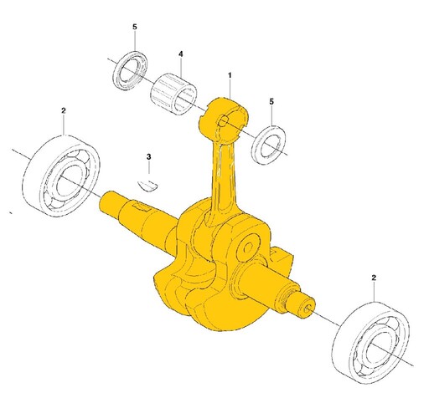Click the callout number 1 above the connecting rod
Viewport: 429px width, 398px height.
pyautogui.click(x=230, y=75)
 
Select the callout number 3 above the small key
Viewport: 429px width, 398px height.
pyautogui.click(x=148, y=157)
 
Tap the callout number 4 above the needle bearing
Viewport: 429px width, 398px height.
pyautogui.click(x=181, y=54)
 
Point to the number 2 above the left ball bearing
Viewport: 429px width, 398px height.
pyautogui.click(x=64, y=110)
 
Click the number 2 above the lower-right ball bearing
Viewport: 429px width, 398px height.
pyautogui.click(x=374, y=278)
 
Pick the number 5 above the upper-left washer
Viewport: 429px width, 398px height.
pyautogui.click(x=135, y=27)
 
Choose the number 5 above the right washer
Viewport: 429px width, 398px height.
pyautogui.click(x=271, y=101)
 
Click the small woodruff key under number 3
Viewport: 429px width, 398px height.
pyautogui.click(x=148, y=186)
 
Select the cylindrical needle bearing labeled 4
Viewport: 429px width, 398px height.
pyautogui.click(x=173, y=94)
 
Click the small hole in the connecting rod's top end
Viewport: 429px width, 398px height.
pyautogui.click(x=223, y=120)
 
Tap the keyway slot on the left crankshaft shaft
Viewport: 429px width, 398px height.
pyautogui.click(x=141, y=207)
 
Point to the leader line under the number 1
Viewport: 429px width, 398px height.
pyautogui.click(x=230, y=89)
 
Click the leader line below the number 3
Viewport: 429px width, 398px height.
pyautogui.click(x=149, y=168)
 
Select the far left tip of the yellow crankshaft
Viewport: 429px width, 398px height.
pyautogui.click(x=101, y=202)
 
